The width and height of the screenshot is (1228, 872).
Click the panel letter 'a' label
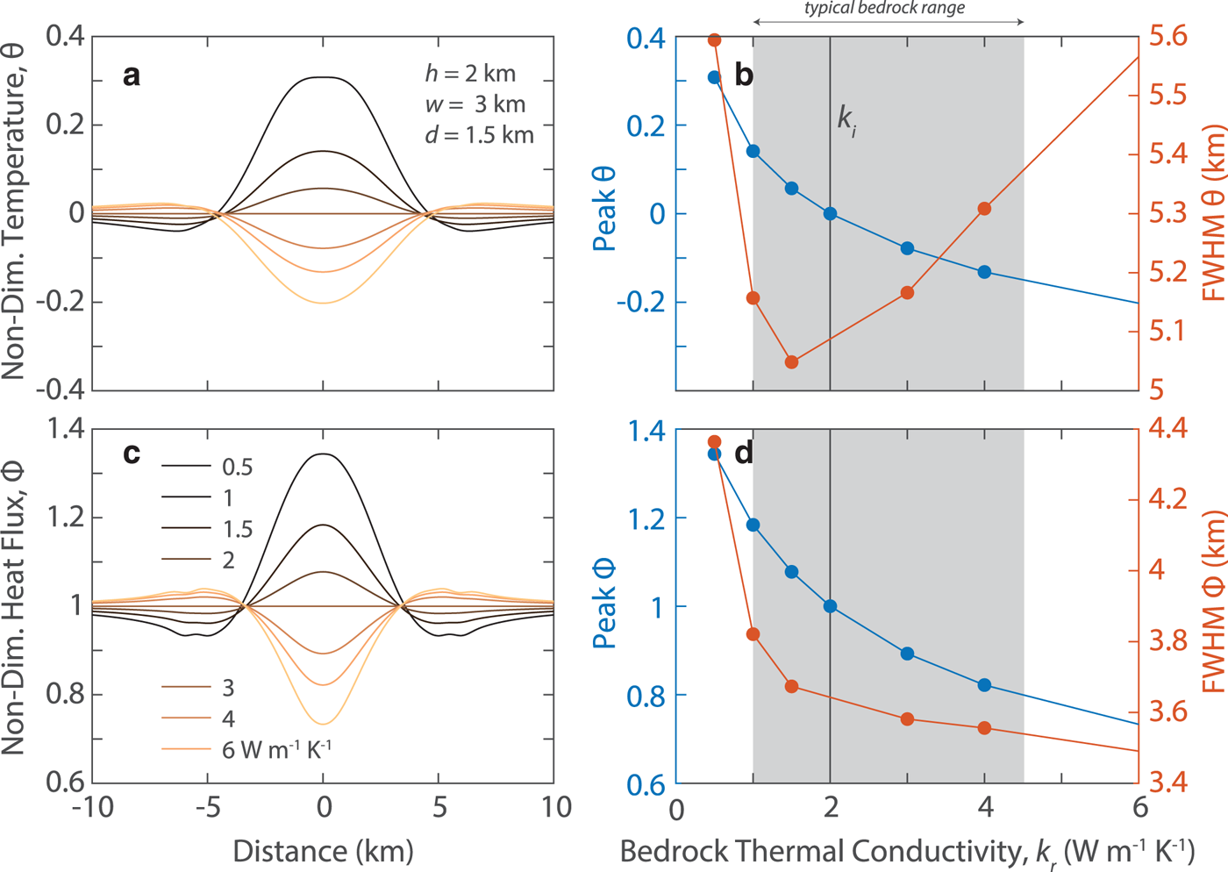pos(132,76)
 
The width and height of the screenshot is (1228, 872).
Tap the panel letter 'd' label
pos(744,453)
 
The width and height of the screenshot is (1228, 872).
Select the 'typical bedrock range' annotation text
pos(884,9)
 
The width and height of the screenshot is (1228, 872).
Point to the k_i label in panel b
pos(846,118)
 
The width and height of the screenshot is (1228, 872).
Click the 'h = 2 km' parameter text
pos(470,74)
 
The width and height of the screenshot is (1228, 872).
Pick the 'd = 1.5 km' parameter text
pos(479,135)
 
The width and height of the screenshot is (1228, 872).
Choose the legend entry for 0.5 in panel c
pos(237,468)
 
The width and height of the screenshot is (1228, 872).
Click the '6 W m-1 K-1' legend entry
pos(276,750)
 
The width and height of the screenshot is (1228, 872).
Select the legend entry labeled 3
pos(228,689)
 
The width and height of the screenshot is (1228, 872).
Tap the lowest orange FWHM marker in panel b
pos(791,361)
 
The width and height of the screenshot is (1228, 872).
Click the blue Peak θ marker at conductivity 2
pos(830,213)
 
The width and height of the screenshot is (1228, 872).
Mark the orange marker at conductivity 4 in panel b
pos(984,209)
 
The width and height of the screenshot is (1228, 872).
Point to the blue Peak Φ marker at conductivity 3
pos(907,654)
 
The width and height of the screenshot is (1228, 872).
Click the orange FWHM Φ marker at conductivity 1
pos(753,634)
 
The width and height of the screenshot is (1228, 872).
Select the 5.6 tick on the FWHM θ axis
pos(1167,36)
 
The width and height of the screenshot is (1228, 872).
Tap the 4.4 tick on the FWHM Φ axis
pos(1167,428)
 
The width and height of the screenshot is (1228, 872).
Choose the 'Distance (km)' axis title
pos(323,851)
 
